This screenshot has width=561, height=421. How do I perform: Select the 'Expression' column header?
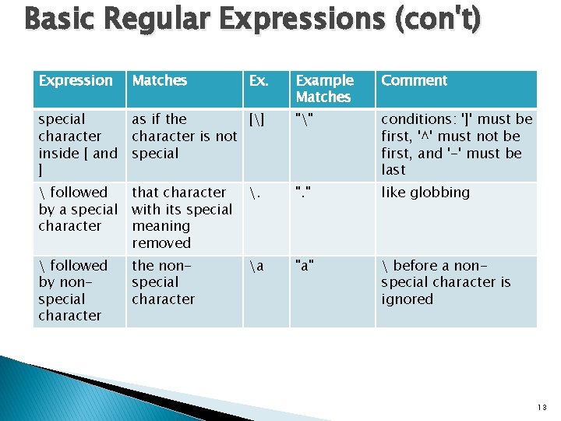[76, 81]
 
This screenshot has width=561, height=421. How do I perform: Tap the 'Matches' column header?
[160, 81]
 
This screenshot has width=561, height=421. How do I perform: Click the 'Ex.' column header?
[258, 81]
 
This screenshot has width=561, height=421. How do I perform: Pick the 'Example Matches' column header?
[324, 89]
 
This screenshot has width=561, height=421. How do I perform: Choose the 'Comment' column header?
[414, 81]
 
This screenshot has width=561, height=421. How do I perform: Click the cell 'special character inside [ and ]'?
[78, 144]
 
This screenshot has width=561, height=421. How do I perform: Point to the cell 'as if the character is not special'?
[184, 136]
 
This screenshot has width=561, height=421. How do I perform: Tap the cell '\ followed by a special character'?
[78, 209]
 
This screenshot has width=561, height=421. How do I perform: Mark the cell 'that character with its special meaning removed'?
[182, 218]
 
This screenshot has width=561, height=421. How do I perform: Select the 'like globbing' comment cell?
[425, 193]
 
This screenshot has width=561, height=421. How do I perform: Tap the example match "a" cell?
[305, 266]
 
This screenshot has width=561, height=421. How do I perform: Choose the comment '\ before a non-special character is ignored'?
[446, 282]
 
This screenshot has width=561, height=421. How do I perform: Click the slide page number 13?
[542, 407]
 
